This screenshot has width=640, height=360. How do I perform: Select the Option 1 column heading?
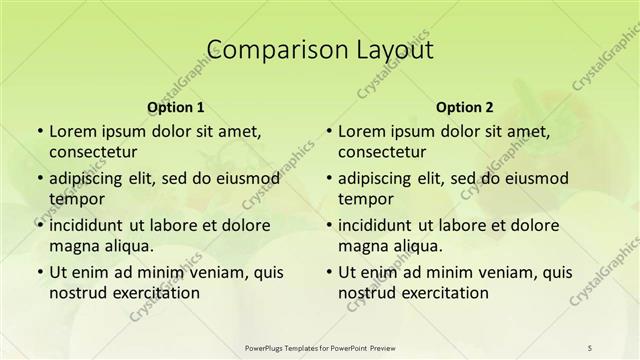(x=176, y=106)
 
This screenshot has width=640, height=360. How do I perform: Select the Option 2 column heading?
(x=465, y=106)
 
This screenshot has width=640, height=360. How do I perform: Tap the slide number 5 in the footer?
(x=590, y=346)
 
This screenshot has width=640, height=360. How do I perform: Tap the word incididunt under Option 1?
(x=90, y=225)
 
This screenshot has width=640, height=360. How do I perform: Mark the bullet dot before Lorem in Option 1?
(x=39, y=131)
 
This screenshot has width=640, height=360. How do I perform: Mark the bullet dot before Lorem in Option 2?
(x=328, y=131)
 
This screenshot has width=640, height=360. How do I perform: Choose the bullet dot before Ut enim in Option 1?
(x=39, y=272)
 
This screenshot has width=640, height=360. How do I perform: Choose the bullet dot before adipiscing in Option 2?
(x=328, y=178)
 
